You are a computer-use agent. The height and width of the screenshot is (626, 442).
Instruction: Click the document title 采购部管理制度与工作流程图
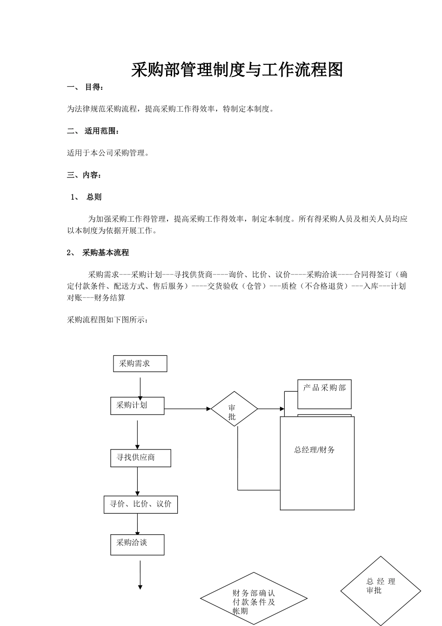pos(237,70)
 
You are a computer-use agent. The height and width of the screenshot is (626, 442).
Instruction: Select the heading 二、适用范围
pos(93,131)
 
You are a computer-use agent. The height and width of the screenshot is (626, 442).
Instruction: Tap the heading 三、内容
pos(84,175)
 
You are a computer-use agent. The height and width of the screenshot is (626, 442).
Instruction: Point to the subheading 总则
pos(94,197)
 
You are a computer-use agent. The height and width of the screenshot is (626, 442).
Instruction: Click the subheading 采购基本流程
pos(105,252)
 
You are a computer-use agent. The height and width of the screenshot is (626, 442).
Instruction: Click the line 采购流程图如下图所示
pos(108,320)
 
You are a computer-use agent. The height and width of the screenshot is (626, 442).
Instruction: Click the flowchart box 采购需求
pos(140,364)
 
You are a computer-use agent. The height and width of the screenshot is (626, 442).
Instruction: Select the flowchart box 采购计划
pos(137,405)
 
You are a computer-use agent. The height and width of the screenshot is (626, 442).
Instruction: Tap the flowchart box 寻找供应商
pos(141,458)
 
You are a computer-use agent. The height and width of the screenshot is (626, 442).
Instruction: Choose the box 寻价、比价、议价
pos(141,504)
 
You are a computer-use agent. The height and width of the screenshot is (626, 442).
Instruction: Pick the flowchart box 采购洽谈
pos(137,544)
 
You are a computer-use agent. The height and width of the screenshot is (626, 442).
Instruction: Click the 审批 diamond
pos(234,409)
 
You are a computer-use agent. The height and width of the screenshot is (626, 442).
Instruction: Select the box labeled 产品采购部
pos(324,394)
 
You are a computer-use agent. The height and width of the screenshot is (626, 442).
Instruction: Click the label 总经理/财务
pos(315,450)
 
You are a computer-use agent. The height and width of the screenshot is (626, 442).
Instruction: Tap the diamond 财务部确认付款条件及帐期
pos(254,599)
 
